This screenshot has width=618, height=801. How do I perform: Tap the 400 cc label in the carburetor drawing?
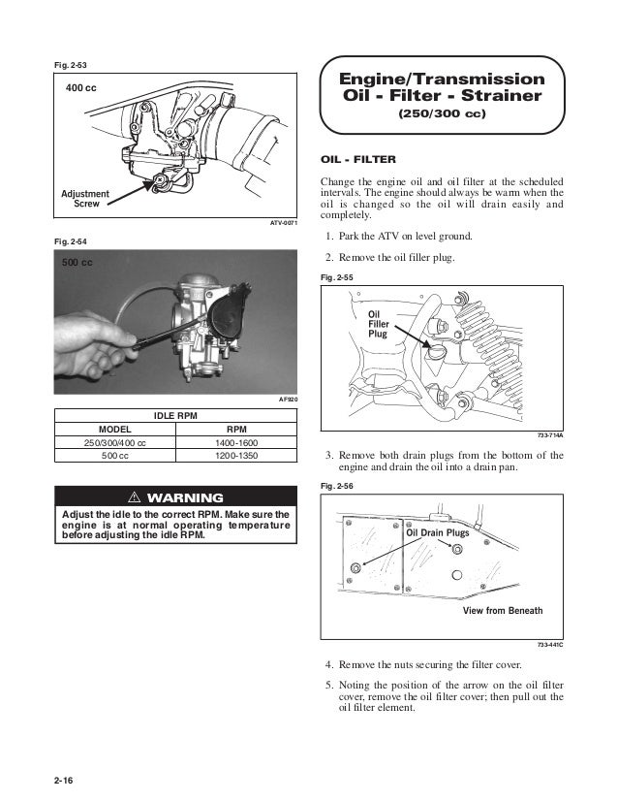(x=81, y=88)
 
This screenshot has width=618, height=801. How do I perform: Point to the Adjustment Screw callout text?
(x=86, y=199)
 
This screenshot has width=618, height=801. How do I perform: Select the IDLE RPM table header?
(x=176, y=415)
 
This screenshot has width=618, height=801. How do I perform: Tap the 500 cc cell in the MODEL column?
(x=115, y=455)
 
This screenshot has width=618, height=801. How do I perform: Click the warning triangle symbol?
(x=139, y=497)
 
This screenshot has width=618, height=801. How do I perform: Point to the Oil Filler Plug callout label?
(x=378, y=324)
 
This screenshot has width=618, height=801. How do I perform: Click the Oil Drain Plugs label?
(x=437, y=533)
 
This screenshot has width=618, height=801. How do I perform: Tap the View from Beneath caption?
(x=503, y=611)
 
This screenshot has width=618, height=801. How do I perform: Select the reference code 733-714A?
(x=549, y=436)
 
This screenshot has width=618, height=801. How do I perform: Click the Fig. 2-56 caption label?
(x=334, y=485)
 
